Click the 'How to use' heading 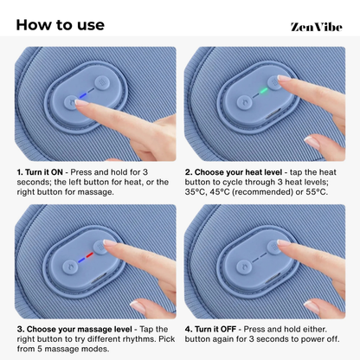(60, 23)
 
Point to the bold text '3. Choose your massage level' (74, 330)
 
